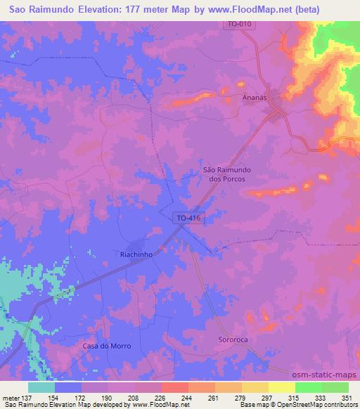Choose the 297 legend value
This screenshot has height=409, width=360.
tap(268, 397)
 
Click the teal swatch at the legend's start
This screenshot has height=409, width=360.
tap(41, 387)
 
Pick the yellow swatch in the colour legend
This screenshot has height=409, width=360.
tap(281, 387)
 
